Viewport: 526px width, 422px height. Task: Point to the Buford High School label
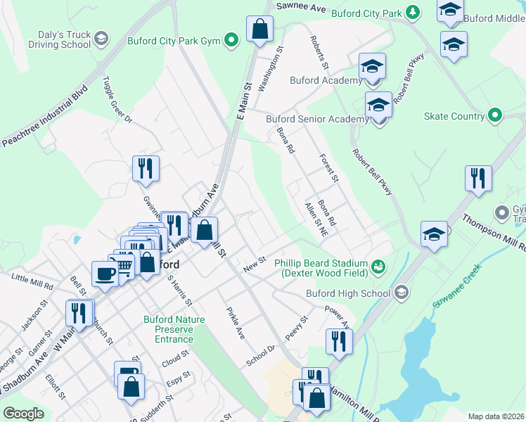(348, 293)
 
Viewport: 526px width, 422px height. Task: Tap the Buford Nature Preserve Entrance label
(174, 328)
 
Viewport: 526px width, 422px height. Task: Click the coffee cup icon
(105, 273)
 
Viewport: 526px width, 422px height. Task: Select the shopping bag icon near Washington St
(259, 30)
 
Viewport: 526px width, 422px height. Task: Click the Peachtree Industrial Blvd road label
(44, 115)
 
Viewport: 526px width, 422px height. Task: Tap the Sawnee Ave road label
(302, 6)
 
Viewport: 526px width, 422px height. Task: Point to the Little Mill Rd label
(32, 282)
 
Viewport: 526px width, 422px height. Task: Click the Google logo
(24, 414)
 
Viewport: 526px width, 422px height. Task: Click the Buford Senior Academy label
(317, 120)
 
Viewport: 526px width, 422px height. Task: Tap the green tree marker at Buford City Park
(413, 12)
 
